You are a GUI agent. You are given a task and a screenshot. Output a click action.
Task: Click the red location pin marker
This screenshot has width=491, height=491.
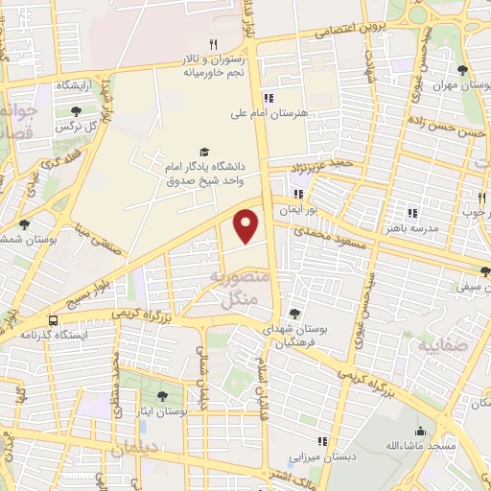coord(247,226)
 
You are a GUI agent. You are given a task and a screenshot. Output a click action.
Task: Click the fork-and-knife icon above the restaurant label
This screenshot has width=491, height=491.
coord(213,44)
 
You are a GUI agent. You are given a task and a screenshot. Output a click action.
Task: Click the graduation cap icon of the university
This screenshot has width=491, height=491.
coord(203,152)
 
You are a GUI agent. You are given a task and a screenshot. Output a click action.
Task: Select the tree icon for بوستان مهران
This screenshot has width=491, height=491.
coord(463,70)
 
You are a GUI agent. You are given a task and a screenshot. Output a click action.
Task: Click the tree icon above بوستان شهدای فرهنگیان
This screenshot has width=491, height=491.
coord(294,313)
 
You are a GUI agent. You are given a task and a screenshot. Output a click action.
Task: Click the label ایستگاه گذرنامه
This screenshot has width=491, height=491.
coord(55,336)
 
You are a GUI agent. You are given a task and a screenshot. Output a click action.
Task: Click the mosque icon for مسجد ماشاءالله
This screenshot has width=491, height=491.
coord(418,432)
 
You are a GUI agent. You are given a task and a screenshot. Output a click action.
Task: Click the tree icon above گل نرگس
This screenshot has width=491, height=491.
coord(77,111)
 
